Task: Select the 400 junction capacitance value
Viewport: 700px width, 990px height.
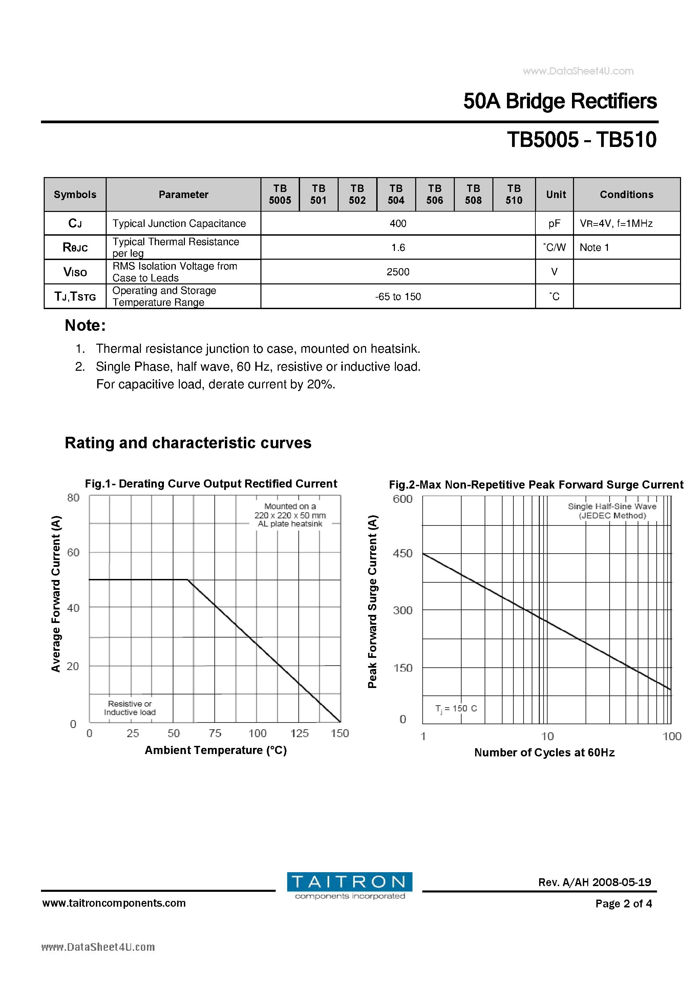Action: click(x=398, y=223)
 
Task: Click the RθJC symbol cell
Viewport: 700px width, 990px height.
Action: click(x=75, y=247)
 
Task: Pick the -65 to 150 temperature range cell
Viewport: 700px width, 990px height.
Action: click(x=398, y=297)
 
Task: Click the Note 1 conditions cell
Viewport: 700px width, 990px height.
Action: click(x=594, y=247)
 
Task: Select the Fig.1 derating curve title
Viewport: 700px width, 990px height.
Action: click(x=211, y=484)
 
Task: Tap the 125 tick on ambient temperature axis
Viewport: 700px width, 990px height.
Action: click(x=299, y=733)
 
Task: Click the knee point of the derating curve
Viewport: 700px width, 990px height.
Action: click(x=188, y=580)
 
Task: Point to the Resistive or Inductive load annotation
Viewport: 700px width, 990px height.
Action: click(x=130, y=708)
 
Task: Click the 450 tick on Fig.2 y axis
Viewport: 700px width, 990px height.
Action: click(x=402, y=553)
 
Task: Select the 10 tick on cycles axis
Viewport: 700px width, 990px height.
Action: click(x=547, y=736)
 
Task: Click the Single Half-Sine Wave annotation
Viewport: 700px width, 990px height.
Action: click(x=612, y=511)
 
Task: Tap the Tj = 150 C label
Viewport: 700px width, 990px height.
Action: click(x=455, y=708)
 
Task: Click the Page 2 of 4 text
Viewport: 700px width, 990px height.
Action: click(x=623, y=903)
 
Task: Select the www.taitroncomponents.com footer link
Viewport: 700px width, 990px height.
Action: click(x=114, y=903)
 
